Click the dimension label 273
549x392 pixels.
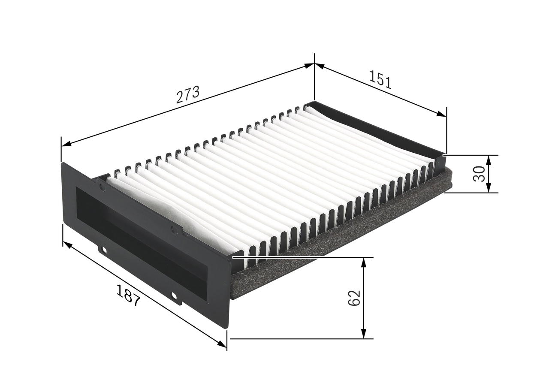point(188,95)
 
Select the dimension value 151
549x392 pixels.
point(380,80)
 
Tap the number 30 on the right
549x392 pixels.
point(479,174)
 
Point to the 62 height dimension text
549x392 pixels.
point(354,298)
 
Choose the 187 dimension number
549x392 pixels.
point(128,296)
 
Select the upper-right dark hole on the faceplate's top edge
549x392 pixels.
point(174,230)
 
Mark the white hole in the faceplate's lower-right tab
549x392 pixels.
point(174,295)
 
